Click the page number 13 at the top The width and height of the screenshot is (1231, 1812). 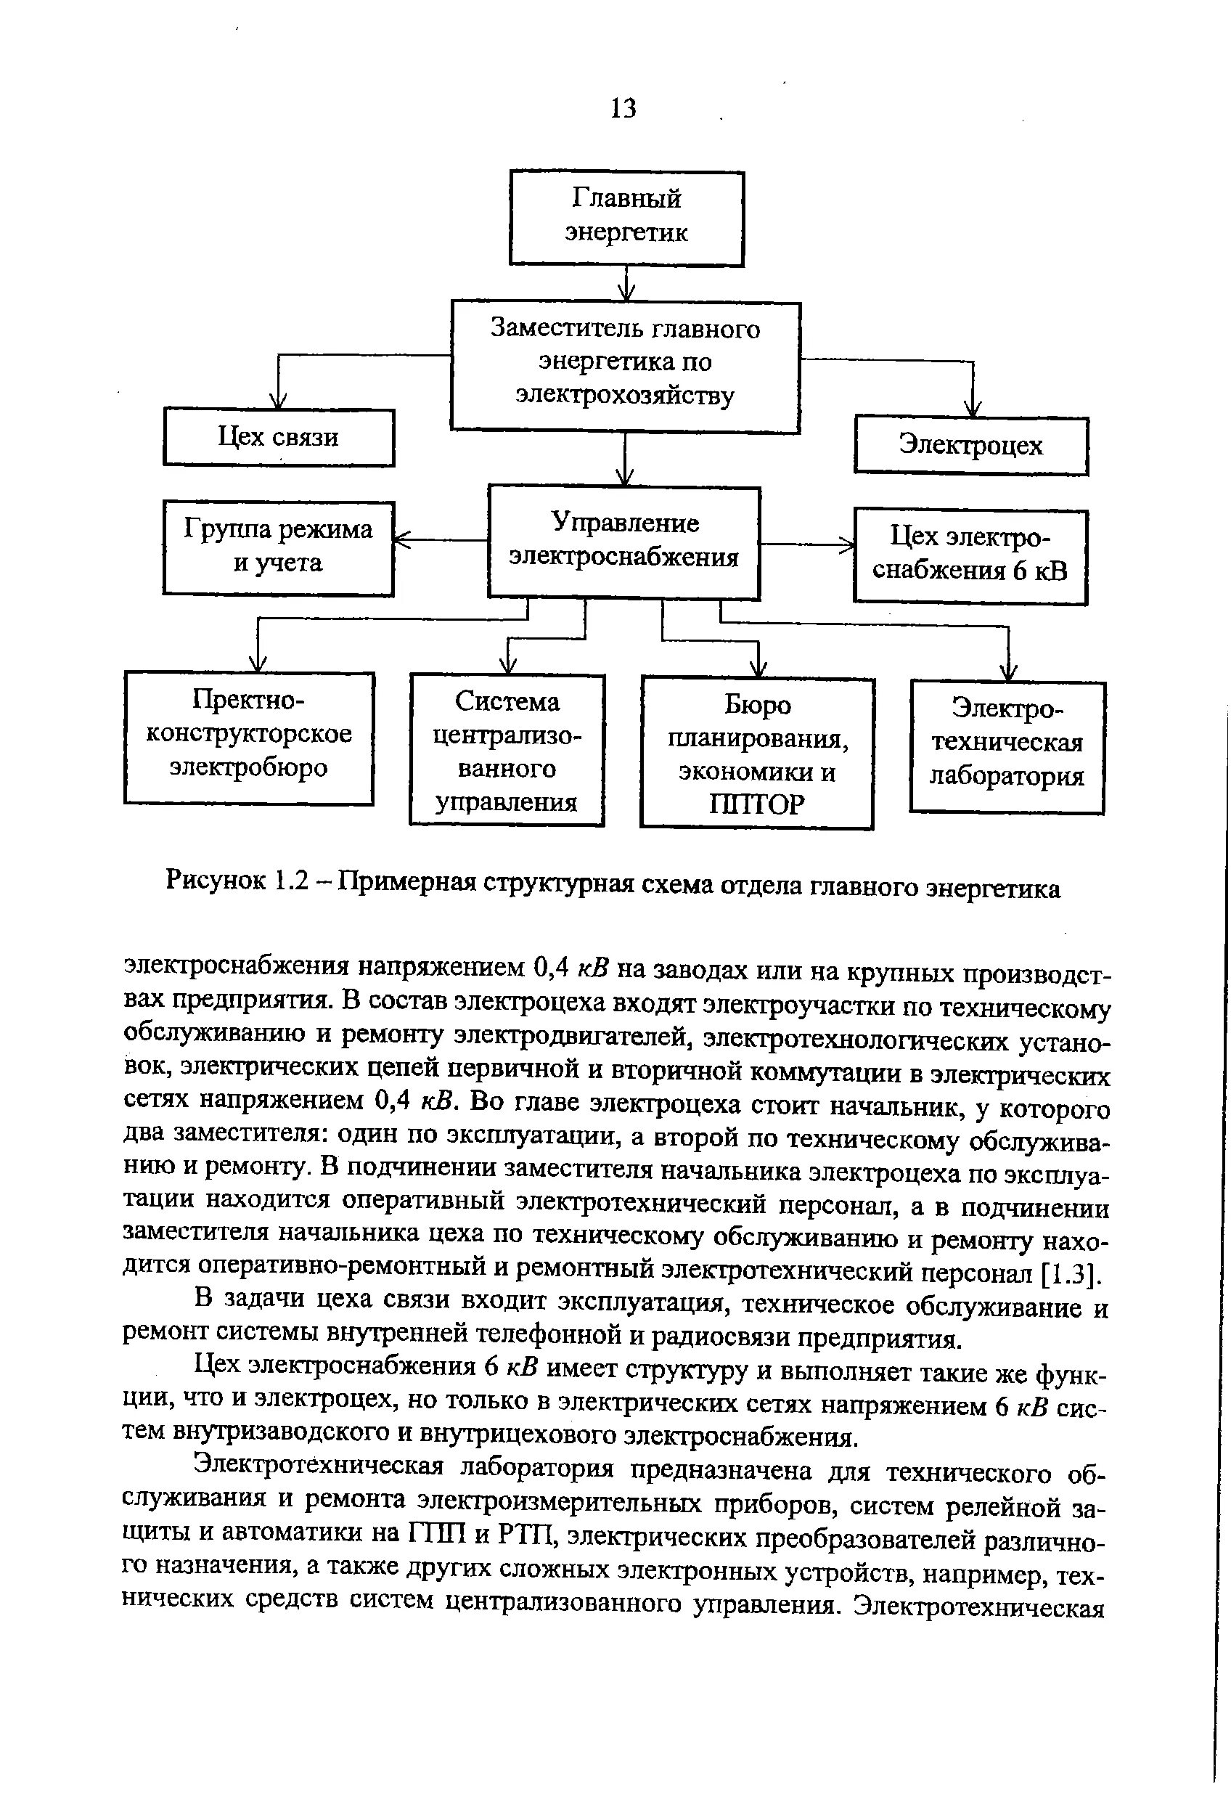(x=623, y=107)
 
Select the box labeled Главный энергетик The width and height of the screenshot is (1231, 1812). (x=626, y=218)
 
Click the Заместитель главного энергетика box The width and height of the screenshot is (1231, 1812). (x=625, y=365)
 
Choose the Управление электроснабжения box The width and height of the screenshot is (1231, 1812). (x=623, y=541)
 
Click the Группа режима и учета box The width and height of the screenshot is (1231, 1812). (x=278, y=547)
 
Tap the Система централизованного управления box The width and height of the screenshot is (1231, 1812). (x=507, y=749)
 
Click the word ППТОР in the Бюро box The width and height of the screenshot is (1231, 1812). (x=756, y=804)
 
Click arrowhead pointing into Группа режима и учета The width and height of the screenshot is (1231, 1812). (x=402, y=539)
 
